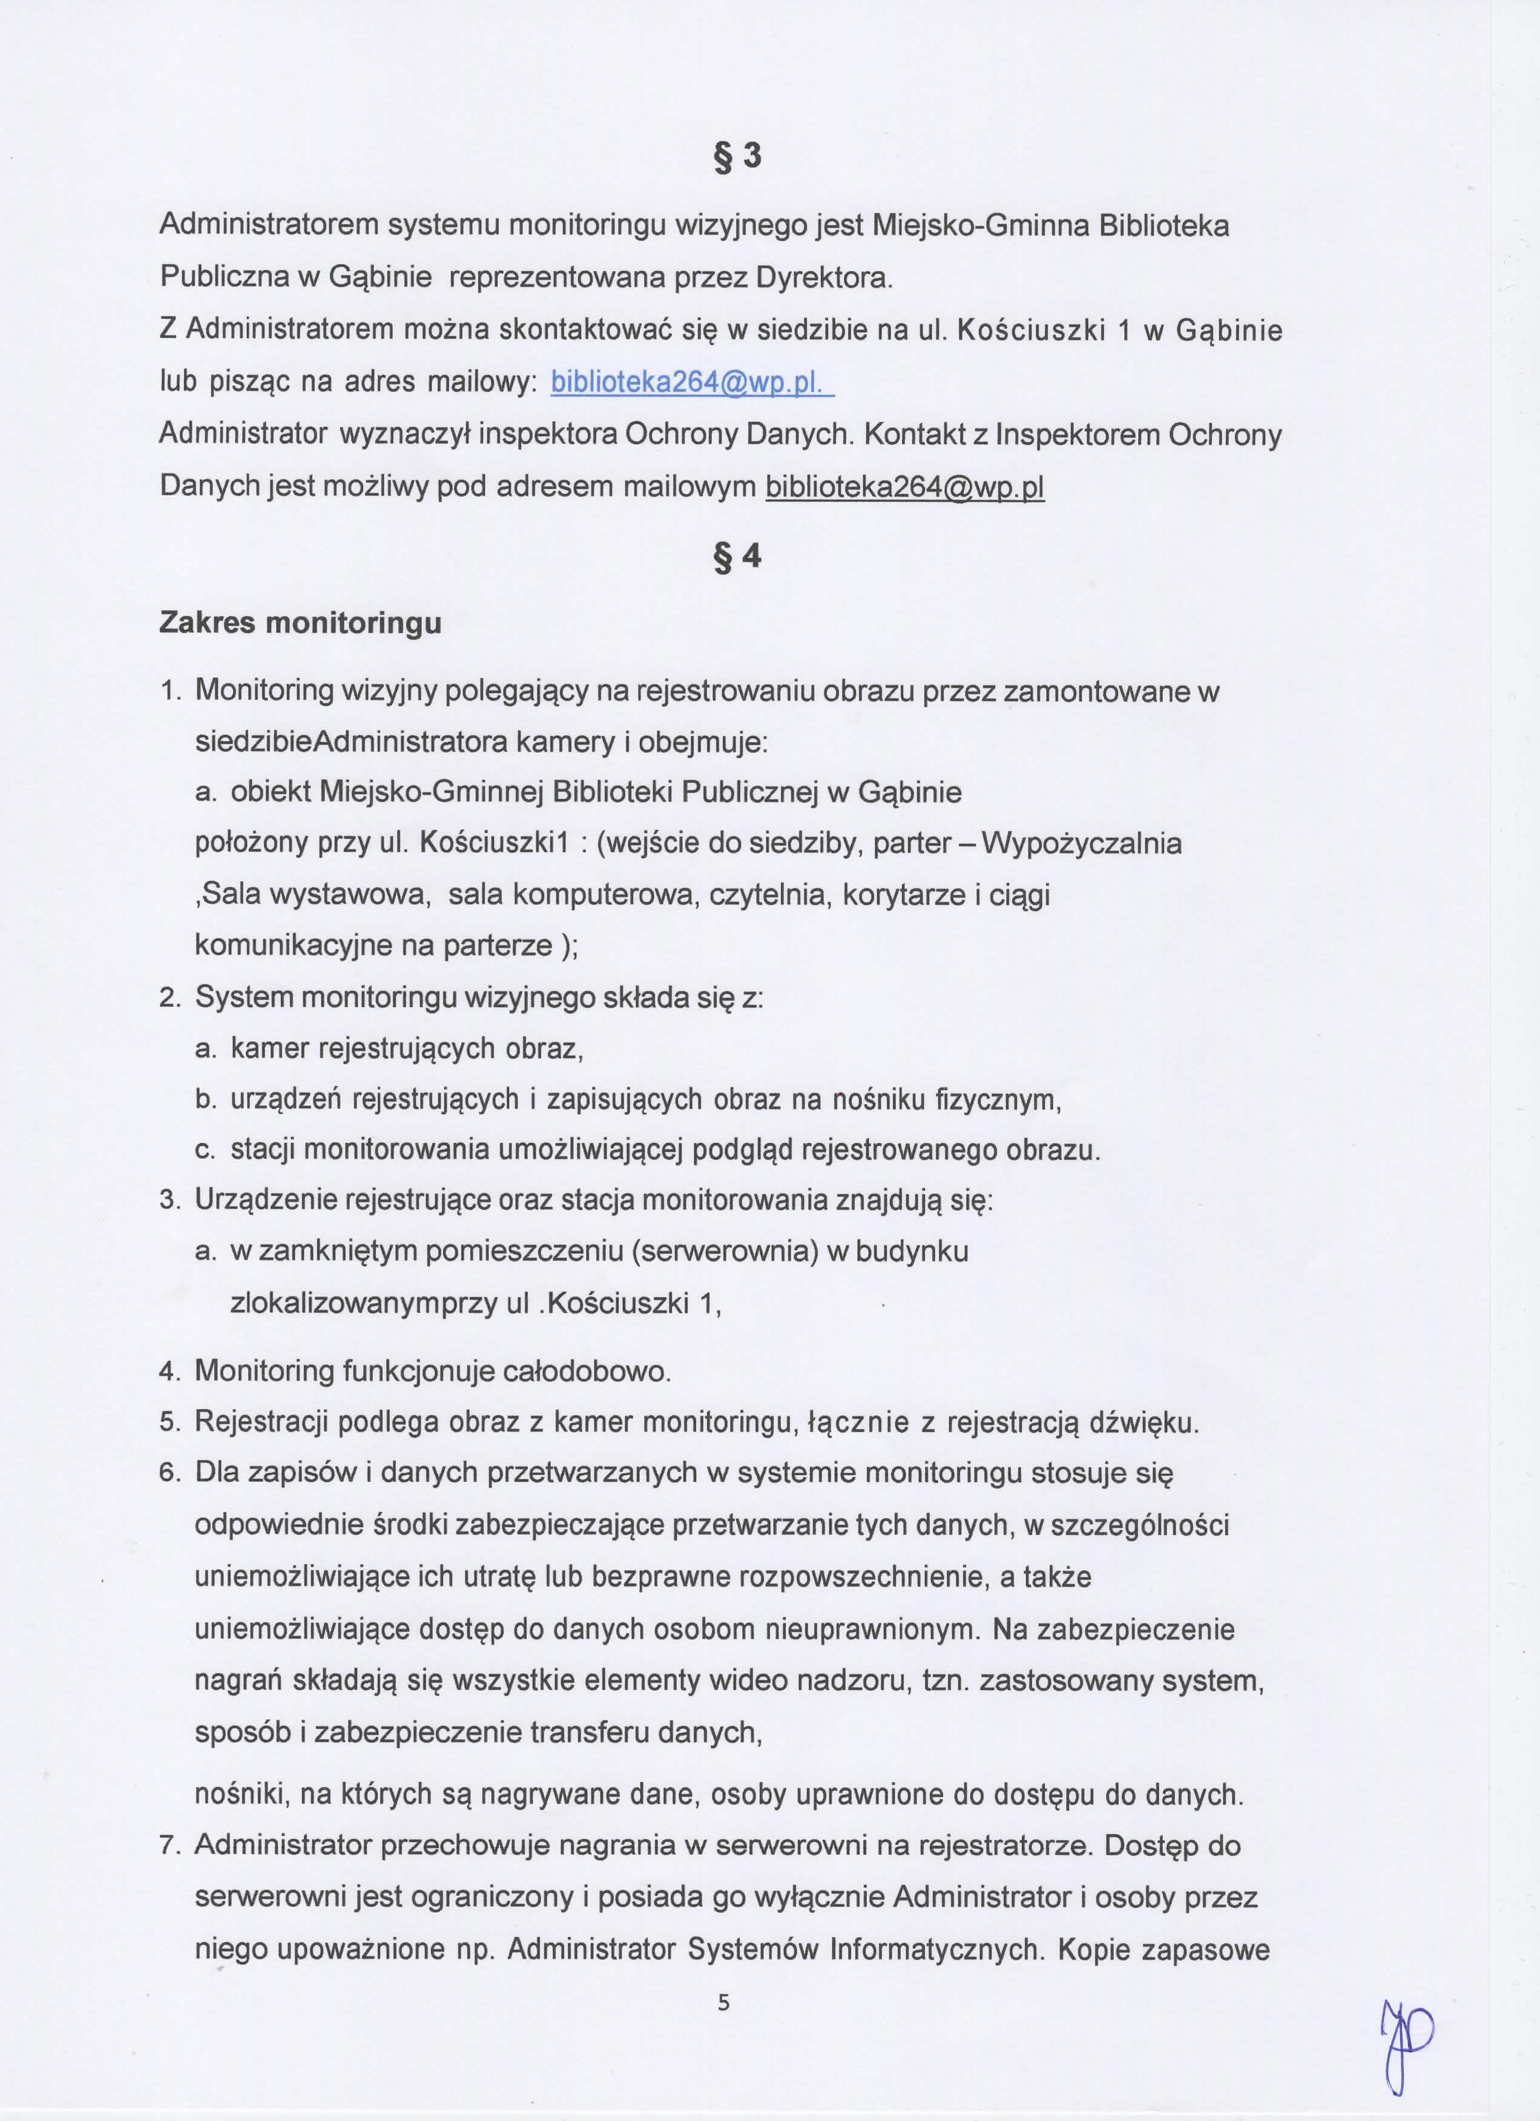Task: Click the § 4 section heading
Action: (x=738, y=557)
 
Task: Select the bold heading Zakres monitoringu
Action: (x=300, y=623)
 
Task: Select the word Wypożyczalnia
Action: (x=1081, y=844)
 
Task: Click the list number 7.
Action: (x=168, y=1847)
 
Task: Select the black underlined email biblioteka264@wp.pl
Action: (x=904, y=488)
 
